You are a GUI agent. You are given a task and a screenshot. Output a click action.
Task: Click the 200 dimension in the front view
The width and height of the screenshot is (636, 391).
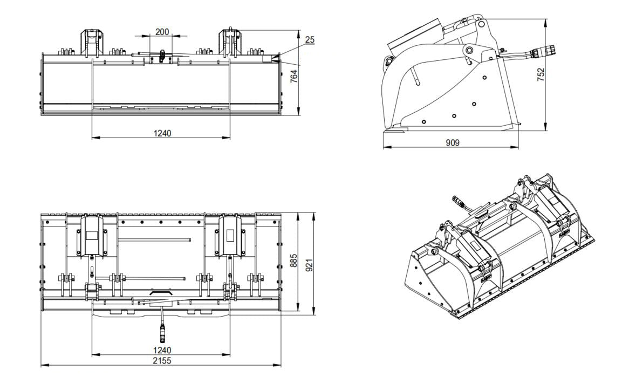click(161, 32)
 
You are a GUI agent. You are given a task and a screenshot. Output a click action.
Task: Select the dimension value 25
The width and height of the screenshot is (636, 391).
click(309, 39)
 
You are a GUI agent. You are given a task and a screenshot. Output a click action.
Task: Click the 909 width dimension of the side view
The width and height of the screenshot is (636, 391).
click(452, 143)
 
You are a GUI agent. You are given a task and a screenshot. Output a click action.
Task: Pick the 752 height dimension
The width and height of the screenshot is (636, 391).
click(541, 74)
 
